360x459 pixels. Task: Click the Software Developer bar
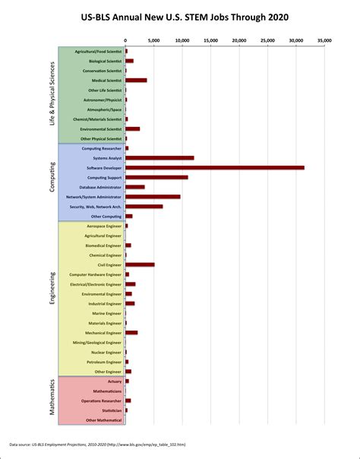[215, 167]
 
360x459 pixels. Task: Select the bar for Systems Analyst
[159, 158]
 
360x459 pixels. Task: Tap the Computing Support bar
[156, 177]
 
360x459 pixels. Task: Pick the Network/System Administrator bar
[153, 197]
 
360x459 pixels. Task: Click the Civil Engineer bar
[140, 264]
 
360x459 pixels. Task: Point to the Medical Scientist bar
[136, 80]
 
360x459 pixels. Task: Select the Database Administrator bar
[135, 187]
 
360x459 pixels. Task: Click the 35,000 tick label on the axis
[324, 40]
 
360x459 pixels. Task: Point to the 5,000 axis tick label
[154, 40]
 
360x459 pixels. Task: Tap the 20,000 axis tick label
[239, 40]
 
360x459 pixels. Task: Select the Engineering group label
[52, 298]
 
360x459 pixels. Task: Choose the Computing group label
[52, 182]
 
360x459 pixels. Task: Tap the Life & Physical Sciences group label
[52, 94]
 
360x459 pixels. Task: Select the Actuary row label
[115, 381]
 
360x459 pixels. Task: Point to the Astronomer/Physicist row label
[103, 100]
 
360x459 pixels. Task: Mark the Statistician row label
[109, 410]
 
